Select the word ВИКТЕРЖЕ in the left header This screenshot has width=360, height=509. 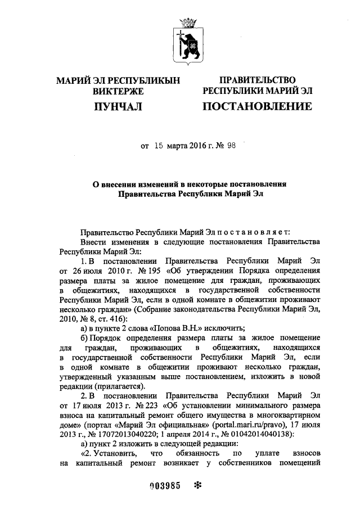pos(119,91)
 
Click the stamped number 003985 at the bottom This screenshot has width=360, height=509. pos(164,487)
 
